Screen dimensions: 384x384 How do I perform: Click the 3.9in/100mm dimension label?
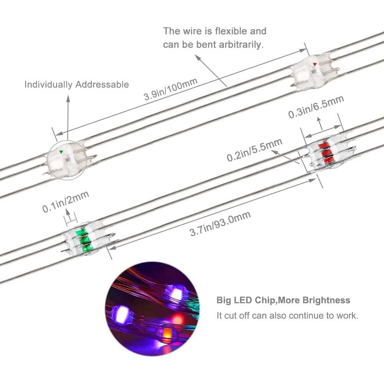pos(171,89)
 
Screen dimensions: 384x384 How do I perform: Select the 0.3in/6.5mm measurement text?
pos(316,107)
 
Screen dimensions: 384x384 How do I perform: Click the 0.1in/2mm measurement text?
pos(66,202)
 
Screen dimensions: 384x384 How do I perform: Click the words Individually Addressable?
pos(77,84)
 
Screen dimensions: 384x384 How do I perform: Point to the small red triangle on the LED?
pos(315,64)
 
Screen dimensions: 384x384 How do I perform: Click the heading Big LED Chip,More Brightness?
pos(283,300)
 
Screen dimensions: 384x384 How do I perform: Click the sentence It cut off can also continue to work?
pos(288,316)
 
